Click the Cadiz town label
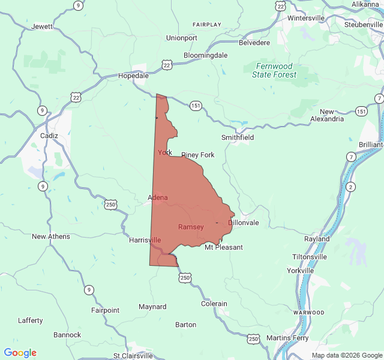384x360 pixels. pos(49,136)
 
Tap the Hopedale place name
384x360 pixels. pos(133,76)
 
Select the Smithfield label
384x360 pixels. pos(238,137)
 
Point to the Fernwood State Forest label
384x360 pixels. pos(274,70)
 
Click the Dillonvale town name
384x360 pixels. pos(244,223)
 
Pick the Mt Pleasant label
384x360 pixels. pos(224,247)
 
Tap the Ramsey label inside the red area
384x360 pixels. pos(191,227)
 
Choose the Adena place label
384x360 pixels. pos(158,197)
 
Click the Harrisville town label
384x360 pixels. pos(145,240)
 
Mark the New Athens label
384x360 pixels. pos(51,236)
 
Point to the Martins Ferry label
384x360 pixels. pos(287,338)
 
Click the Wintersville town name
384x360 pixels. pos(306,18)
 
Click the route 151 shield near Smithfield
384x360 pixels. pos(196,105)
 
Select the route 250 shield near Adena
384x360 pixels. pos(110,205)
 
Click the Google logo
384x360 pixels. pos(20,353)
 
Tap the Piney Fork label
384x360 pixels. pos(198,155)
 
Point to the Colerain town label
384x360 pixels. pos(214,304)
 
